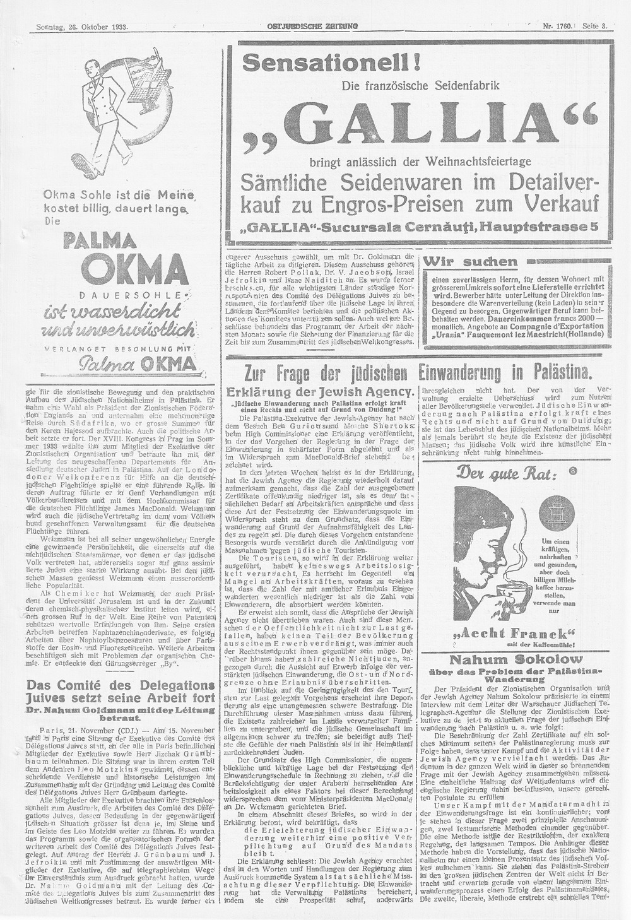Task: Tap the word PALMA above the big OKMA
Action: [x=103, y=241]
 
